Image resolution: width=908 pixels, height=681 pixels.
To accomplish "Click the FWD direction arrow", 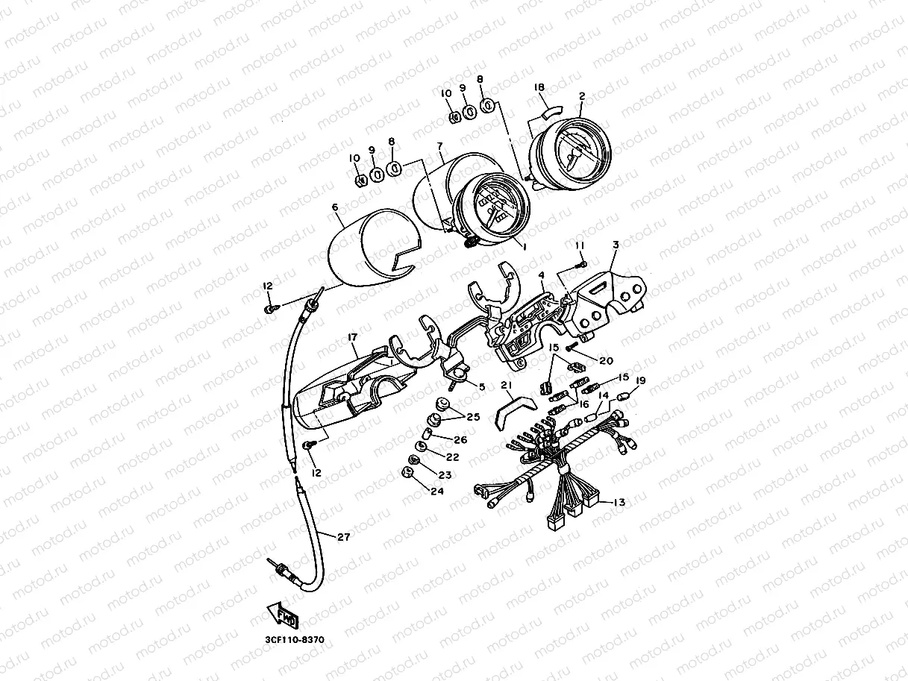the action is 283,615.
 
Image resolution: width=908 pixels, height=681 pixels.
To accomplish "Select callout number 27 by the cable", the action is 343,537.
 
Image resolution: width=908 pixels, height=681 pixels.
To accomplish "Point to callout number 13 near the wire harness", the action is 619,503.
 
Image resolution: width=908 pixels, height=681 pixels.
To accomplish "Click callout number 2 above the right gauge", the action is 582,96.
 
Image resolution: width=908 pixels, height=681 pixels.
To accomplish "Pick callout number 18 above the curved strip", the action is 539,87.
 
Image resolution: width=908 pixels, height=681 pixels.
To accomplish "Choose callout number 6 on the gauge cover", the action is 335,207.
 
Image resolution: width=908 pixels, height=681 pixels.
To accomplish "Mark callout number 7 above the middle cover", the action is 439,146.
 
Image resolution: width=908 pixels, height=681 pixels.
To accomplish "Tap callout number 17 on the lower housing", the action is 352,337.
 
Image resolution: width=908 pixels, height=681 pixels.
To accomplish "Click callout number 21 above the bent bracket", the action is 507,386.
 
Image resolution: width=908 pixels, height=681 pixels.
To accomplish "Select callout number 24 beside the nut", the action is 437,491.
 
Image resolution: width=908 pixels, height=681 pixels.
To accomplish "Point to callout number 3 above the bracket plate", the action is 616,245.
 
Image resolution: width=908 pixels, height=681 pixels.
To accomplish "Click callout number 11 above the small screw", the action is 580,245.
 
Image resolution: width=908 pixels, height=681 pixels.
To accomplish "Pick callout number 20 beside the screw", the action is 606,360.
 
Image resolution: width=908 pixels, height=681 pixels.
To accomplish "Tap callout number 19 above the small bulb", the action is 640,380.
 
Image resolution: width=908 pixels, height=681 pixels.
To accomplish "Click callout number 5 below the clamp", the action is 481,387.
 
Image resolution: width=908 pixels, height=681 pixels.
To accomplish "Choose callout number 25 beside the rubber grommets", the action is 473,416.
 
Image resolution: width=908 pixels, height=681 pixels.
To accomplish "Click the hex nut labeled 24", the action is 407,472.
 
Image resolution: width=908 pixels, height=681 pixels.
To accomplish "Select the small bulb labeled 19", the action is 622,398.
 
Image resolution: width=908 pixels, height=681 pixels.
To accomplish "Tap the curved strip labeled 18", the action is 553,112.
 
